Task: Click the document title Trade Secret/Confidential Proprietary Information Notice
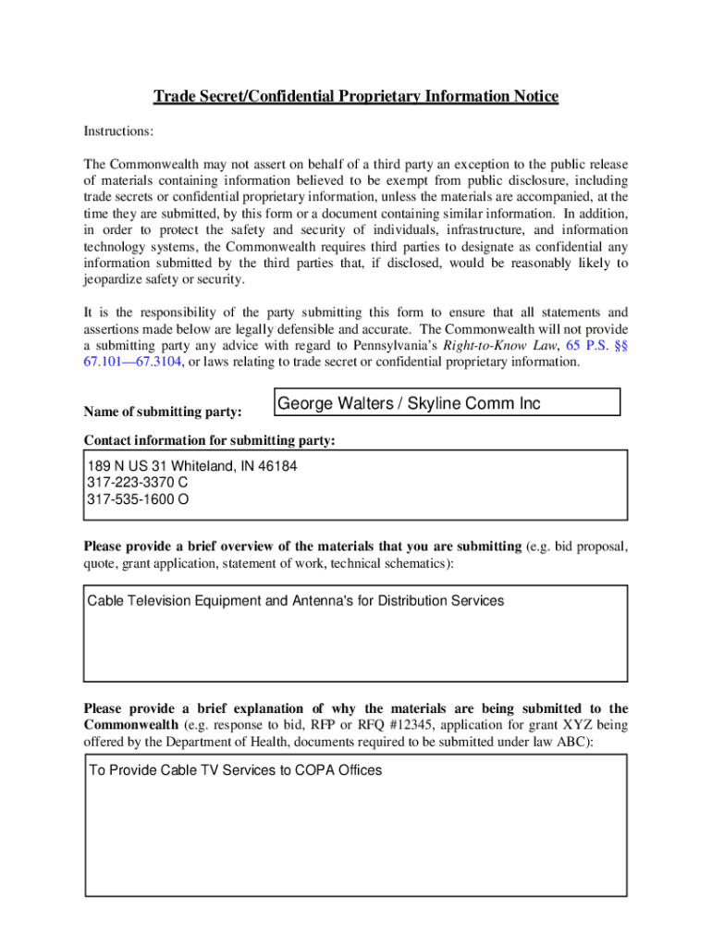355,97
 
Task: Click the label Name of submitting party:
163,411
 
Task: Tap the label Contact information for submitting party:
209,440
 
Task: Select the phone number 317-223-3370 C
138,483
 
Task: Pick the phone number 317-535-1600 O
138,499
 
